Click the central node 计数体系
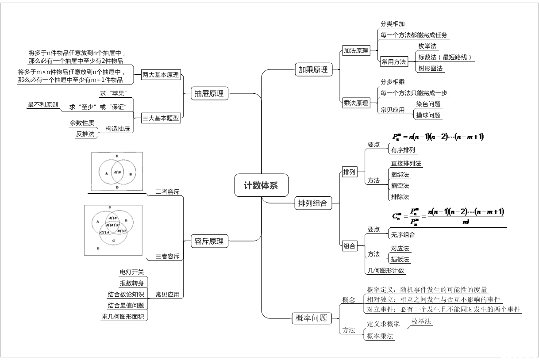pos(261,185)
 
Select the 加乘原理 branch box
pos(313,69)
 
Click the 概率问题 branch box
pos(312,318)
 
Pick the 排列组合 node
pos(313,203)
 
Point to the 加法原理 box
pos(356,51)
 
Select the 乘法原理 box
pos(356,103)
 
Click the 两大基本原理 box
pos(161,75)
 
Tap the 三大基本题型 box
pos(161,118)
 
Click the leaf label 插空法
pos(400,186)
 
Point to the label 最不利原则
pos(42,105)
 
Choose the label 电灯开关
pos(132,272)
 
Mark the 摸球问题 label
pos(428,115)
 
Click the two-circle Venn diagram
pos(117,171)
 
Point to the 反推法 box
pos(85,134)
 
